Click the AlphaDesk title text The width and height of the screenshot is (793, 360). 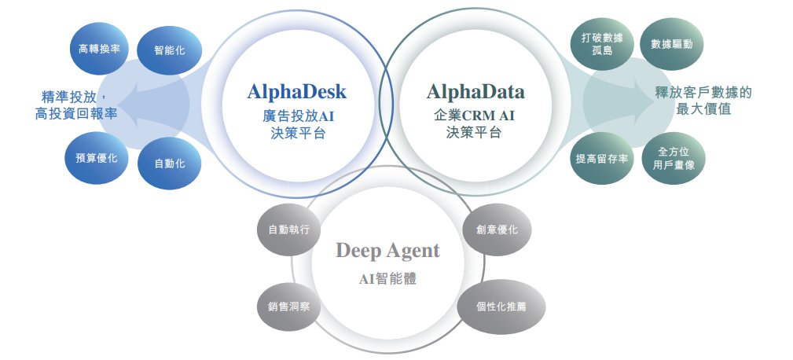(296, 92)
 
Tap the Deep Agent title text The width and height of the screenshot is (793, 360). (387, 251)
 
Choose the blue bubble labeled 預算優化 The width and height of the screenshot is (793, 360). (95, 158)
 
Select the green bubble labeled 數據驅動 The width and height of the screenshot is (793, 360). (672, 45)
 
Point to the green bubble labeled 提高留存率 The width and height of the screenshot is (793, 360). (601, 158)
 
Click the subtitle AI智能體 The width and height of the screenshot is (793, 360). (387, 279)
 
